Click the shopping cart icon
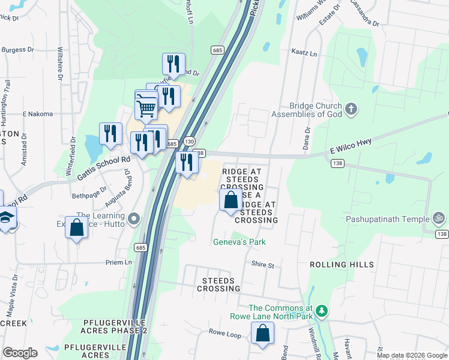point(146,109)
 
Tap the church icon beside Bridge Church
point(351,109)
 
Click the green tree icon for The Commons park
point(322,311)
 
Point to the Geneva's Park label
point(240,242)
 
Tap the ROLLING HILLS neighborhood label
point(342,265)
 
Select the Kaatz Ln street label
point(304,53)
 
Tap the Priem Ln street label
point(118,263)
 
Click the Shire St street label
point(262,265)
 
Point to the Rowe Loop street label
point(224,332)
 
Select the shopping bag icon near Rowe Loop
point(262,334)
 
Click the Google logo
point(20,353)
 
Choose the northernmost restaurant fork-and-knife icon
point(173,63)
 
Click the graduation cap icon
point(5,219)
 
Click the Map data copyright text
point(411,355)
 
